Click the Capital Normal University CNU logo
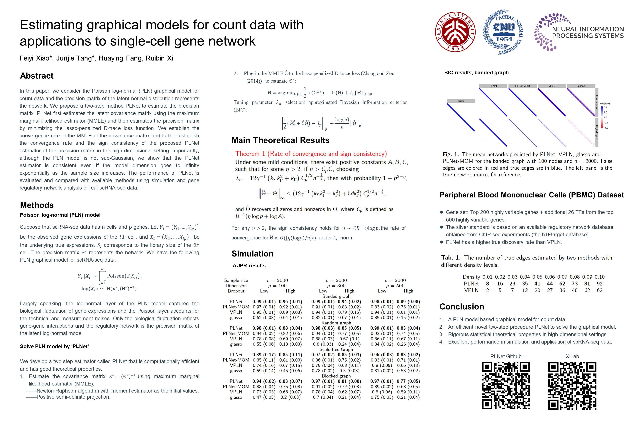pos(503,32)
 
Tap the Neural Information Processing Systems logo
pos(579,32)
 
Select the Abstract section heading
pos(37,76)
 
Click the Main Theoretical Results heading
pos(280,140)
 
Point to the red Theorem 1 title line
pos(311,154)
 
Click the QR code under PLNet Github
pos(506,385)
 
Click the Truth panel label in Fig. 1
pos(461,101)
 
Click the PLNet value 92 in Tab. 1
pos(600,284)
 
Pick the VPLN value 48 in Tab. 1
pos(575,290)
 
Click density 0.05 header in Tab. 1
pos(537,277)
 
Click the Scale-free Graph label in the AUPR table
pos(336,349)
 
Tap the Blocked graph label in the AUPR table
pos(336,376)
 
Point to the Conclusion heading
pos(461,307)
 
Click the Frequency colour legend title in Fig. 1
pos(605,104)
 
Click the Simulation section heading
pos(252,254)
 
